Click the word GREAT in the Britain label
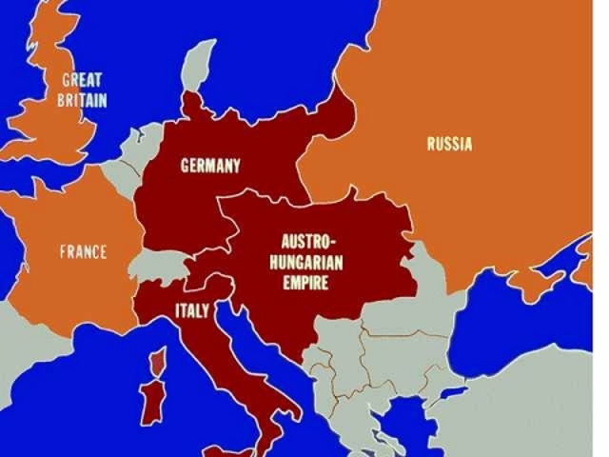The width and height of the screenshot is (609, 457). point(83,81)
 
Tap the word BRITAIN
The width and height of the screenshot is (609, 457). point(83,99)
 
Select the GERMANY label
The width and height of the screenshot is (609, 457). point(210,166)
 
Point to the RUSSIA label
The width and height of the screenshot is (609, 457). point(449,145)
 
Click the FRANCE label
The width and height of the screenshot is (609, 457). point(84,252)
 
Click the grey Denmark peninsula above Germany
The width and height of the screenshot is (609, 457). point(197,62)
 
